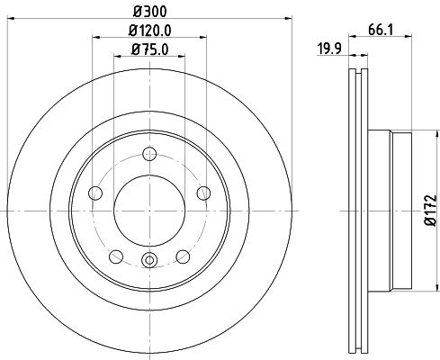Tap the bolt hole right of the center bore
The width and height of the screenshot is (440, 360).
tap(202, 192)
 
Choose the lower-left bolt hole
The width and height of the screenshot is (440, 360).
tap(116, 256)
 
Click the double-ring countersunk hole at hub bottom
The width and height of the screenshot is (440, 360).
tap(149, 262)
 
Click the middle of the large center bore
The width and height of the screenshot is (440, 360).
tap(149, 209)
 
